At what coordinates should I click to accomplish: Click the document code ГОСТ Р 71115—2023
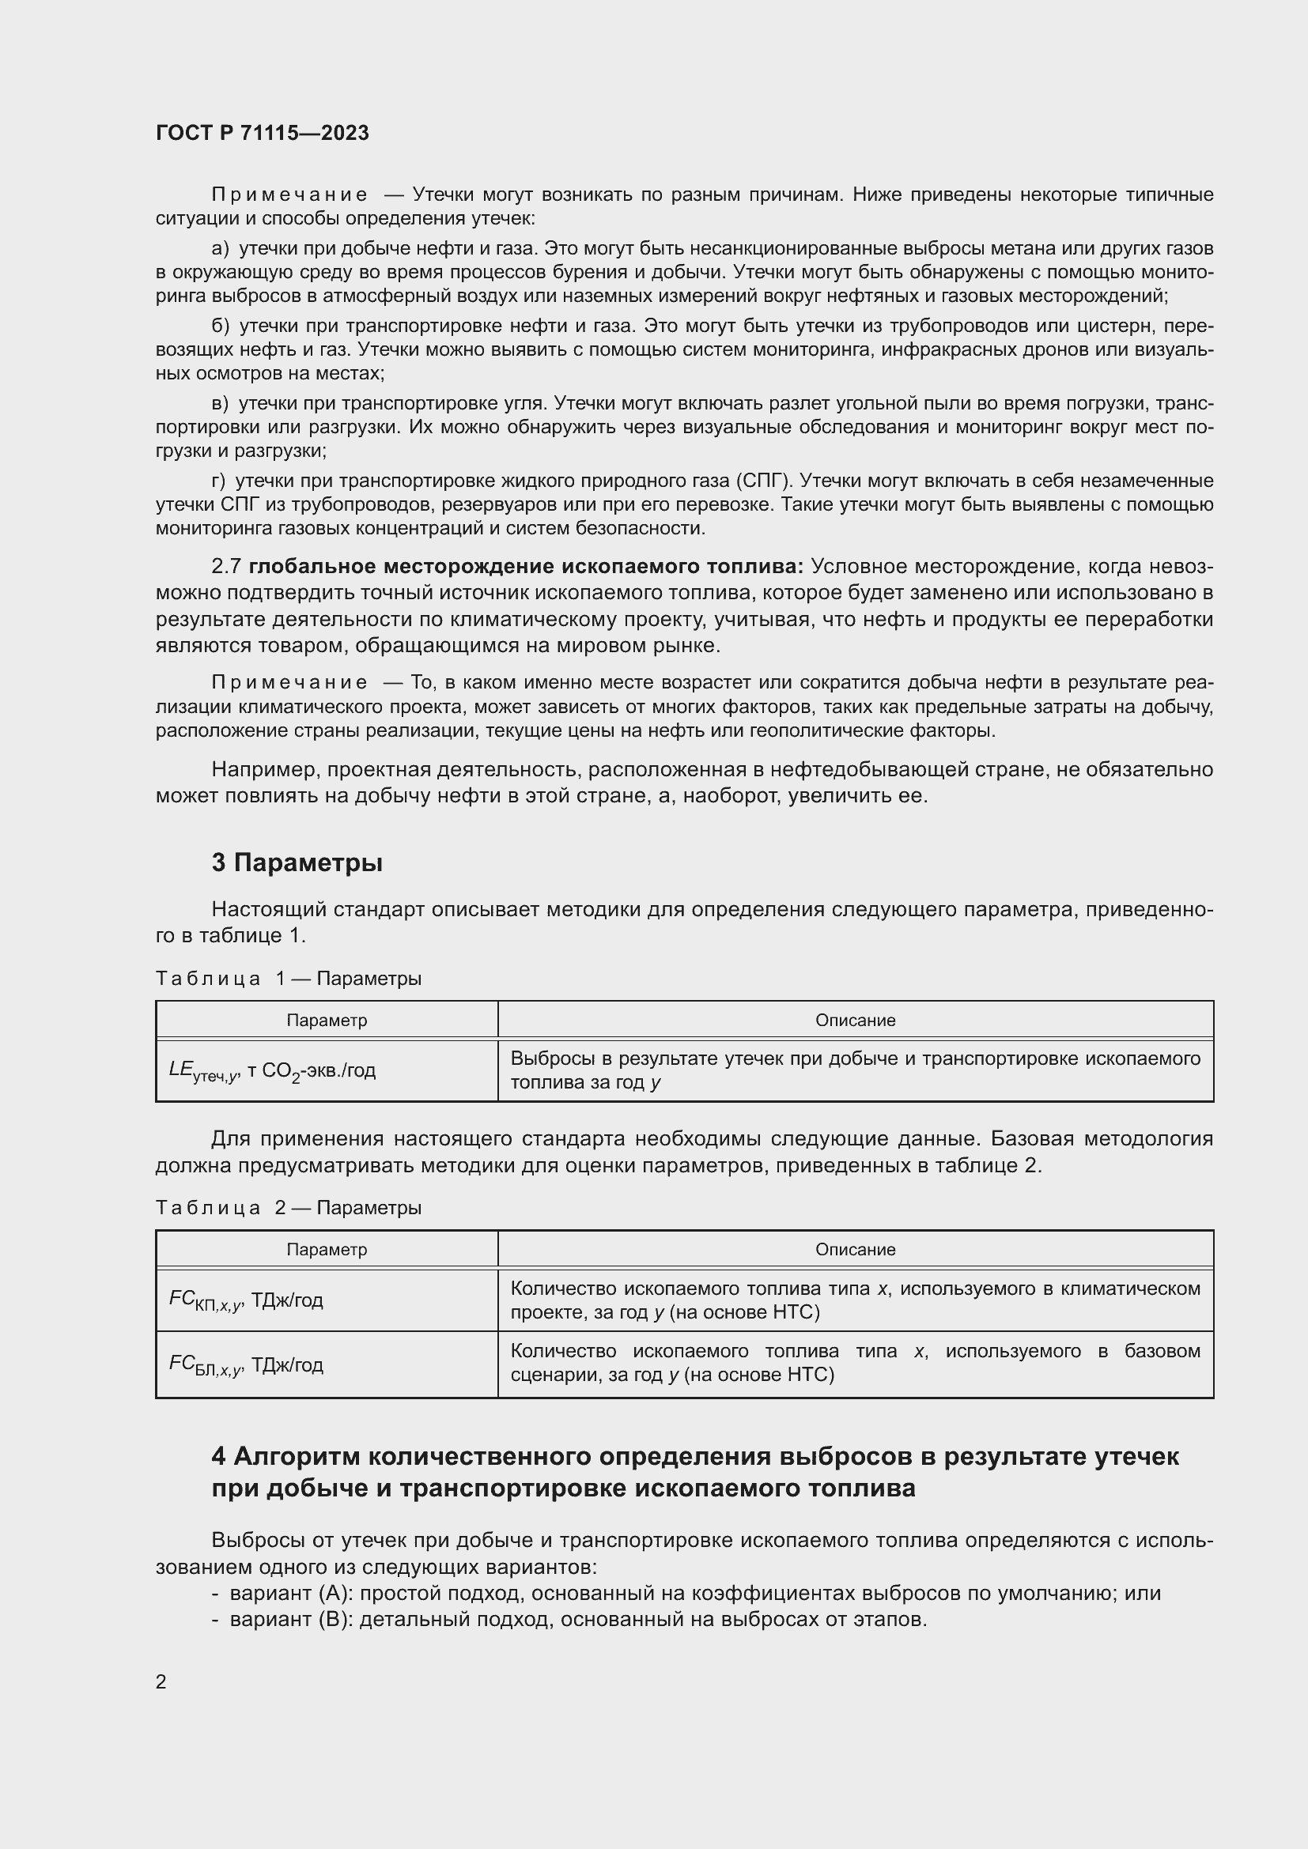point(262,133)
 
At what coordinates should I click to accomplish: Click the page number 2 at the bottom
point(161,1681)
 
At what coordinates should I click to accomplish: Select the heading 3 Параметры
point(297,862)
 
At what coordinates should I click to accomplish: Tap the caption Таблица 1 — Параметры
point(289,979)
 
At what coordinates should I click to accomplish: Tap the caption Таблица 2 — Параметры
point(289,1207)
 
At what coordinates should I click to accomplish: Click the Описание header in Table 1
point(855,1021)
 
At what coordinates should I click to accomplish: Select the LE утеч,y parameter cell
point(272,1071)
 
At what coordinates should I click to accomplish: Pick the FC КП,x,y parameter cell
point(246,1300)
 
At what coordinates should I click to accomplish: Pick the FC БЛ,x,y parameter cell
point(246,1364)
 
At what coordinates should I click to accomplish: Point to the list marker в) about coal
point(220,402)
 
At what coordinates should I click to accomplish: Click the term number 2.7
point(226,566)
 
